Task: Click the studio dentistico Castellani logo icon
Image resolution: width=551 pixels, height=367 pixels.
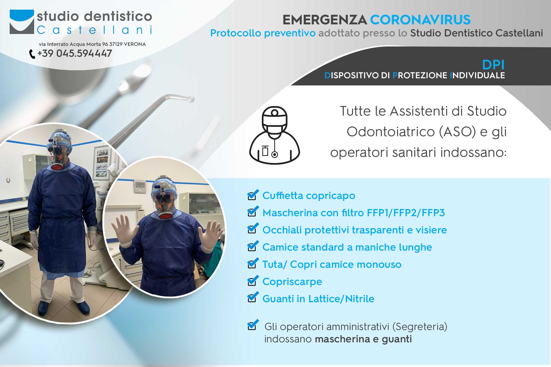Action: click(x=22, y=22)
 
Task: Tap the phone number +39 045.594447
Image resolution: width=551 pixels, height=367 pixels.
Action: click(x=75, y=53)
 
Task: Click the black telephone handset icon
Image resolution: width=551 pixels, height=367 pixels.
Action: click(x=32, y=54)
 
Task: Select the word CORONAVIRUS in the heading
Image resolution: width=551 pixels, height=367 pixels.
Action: click(x=420, y=20)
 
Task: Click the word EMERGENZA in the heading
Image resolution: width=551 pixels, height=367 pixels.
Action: click(x=325, y=20)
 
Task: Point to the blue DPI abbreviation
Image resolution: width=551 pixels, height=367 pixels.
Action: click(x=493, y=65)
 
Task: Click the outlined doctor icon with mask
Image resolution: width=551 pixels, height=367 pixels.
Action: click(x=275, y=135)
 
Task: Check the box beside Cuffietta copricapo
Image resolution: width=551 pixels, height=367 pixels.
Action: click(x=253, y=195)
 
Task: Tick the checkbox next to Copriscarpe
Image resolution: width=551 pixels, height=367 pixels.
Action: click(x=253, y=281)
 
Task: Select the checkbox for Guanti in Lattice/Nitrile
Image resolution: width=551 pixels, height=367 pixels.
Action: click(x=253, y=298)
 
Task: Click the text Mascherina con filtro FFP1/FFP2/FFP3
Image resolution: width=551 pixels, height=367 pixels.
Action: click(x=354, y=213)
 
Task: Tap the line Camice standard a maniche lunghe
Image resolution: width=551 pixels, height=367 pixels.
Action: click(x=347, y=247)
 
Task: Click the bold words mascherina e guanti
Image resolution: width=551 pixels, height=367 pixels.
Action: click(x=363, y=339)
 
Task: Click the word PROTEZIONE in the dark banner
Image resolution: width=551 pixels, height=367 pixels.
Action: click(x=420, y=75)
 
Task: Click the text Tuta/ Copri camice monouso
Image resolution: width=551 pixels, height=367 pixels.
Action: click(x=332, y=264)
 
